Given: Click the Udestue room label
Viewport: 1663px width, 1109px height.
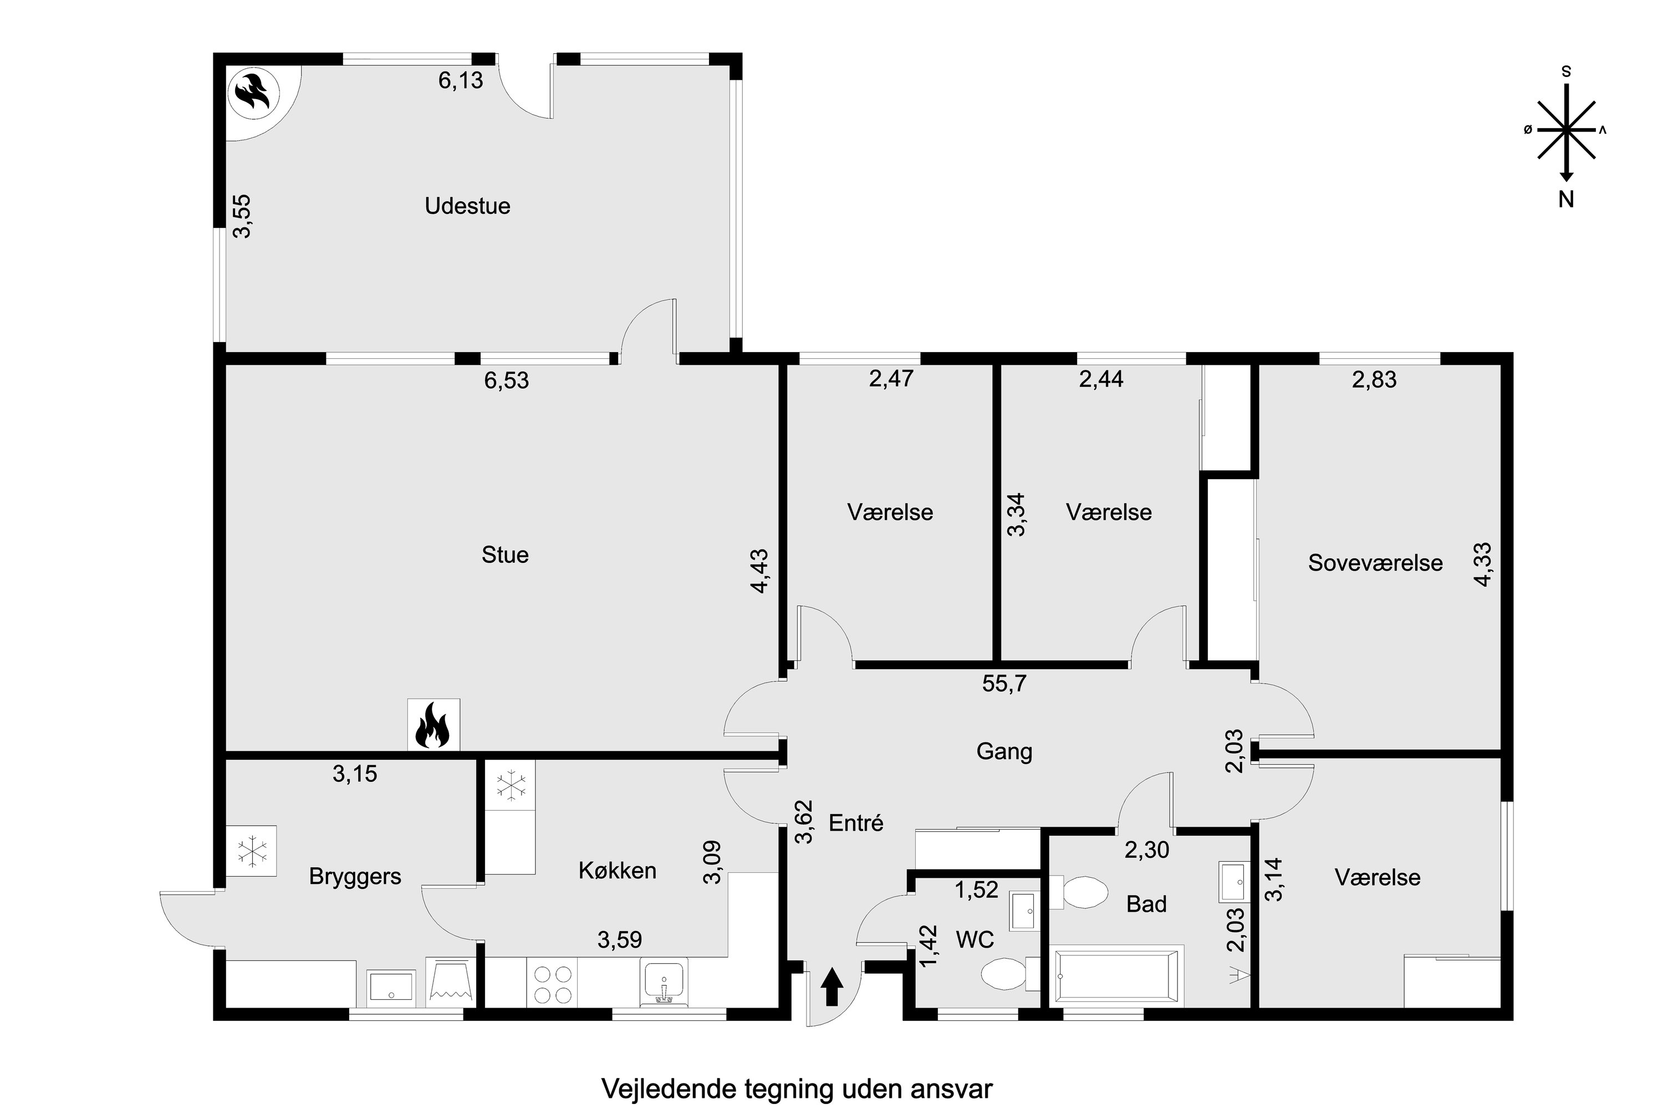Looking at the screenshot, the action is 467,206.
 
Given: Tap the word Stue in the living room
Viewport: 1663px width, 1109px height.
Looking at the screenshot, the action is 505,554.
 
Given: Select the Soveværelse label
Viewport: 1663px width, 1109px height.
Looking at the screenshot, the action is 1375,562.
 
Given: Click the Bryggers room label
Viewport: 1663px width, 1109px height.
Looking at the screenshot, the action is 355,877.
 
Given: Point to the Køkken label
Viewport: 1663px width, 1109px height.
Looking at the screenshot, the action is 618,870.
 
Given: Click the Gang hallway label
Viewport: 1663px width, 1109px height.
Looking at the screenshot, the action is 1004,751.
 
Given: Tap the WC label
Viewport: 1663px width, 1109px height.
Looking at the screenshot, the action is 975,939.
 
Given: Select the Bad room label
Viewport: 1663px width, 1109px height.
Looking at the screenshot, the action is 1146,904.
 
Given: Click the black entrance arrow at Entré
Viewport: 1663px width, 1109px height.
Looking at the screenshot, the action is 831,988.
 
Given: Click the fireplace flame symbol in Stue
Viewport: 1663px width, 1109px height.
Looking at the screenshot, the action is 433,725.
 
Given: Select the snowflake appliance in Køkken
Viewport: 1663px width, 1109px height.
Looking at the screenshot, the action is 510,785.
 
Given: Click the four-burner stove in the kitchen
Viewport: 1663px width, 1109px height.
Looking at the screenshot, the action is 552,984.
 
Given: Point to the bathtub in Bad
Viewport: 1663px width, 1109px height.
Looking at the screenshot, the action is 1116,976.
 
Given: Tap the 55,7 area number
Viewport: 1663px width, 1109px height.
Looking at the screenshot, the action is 1004,684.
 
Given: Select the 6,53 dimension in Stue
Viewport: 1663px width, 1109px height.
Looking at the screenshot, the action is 506,380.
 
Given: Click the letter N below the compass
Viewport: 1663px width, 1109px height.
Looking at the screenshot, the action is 1566,200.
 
